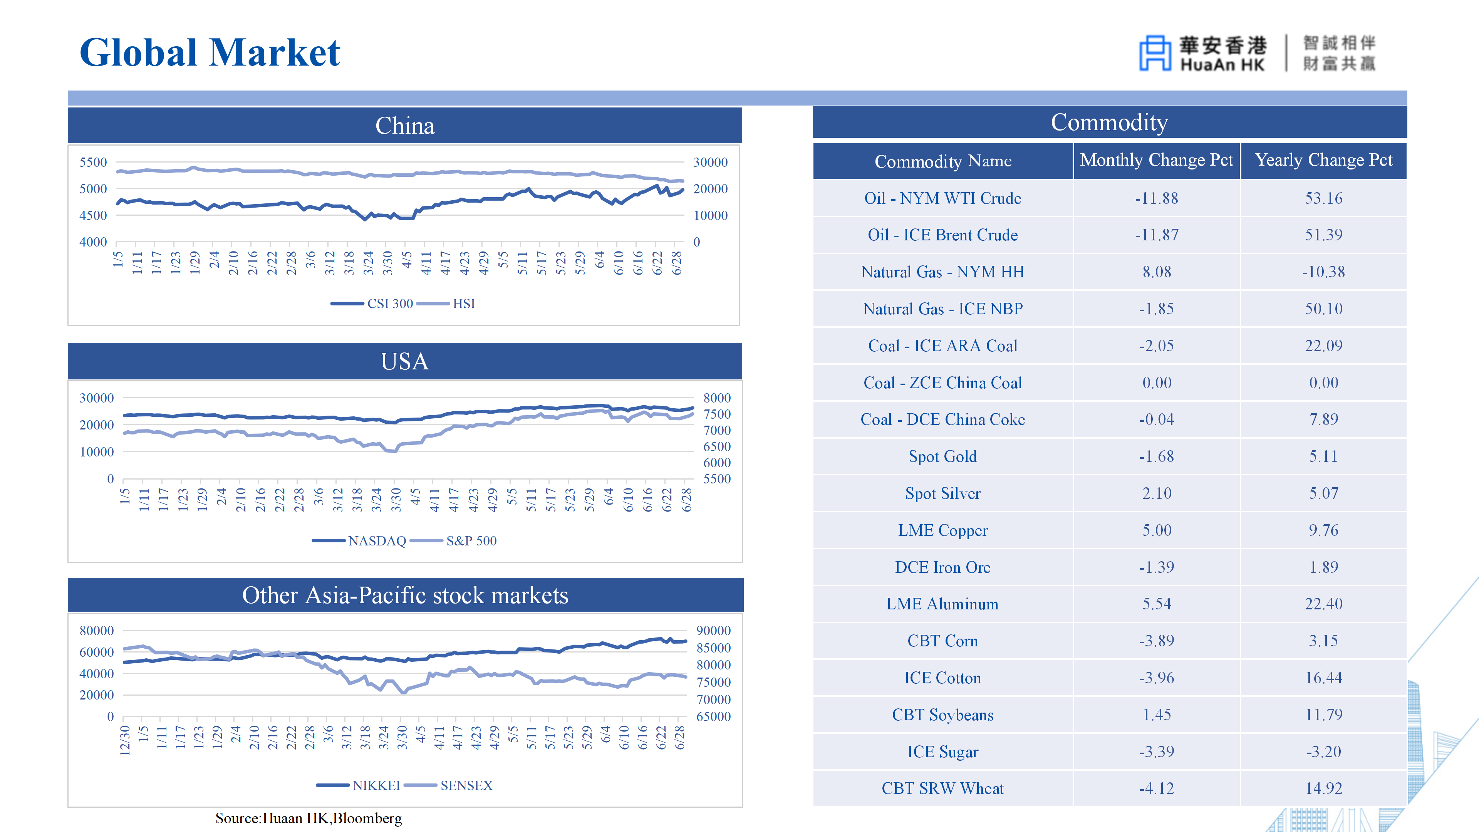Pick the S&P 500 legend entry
point(454,540)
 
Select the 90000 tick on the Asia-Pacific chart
point(713,631)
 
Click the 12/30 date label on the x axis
point(124,740)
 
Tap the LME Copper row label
point(943,530)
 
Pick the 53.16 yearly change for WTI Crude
point(1323,198)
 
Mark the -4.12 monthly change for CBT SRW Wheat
point(1156,788)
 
